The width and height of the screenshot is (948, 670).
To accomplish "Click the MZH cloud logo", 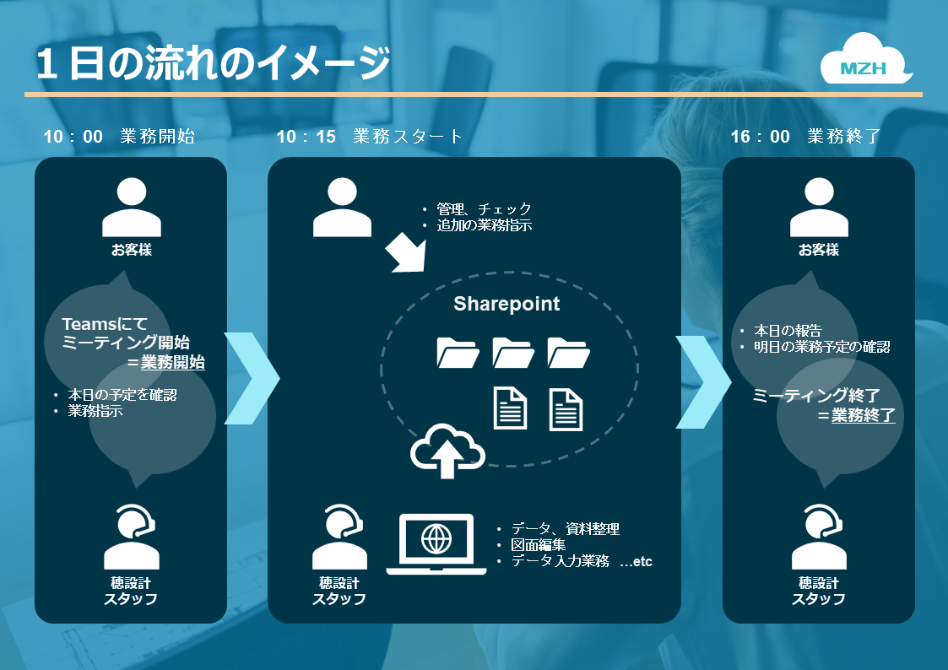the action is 866,59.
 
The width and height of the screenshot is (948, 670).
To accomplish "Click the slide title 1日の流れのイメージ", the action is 213,62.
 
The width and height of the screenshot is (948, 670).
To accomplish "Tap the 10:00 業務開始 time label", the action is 119,137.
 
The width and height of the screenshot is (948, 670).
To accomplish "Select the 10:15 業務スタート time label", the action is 370,137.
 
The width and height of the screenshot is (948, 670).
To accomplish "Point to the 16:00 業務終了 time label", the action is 805,137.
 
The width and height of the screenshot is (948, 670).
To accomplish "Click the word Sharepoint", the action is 507,304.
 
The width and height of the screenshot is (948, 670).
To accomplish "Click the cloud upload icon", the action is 447,451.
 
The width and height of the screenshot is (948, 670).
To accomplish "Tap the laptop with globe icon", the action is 436,544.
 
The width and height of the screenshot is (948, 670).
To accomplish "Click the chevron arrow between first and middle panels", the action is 252,378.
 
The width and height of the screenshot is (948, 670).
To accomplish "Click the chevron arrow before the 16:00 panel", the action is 703,381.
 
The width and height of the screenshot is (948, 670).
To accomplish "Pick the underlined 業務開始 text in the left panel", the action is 173,363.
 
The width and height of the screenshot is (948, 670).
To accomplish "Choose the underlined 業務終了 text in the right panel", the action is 864,416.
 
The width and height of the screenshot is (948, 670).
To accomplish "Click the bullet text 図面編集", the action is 538,545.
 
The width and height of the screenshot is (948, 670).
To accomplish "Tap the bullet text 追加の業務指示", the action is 485,225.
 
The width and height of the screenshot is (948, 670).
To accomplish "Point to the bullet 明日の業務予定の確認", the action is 821,347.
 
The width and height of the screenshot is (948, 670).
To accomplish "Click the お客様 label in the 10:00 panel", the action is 132,250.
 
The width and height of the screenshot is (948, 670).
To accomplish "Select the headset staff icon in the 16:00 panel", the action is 819,537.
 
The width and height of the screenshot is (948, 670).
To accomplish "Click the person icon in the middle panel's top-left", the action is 342,208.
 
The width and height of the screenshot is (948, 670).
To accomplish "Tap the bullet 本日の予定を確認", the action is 122,395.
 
